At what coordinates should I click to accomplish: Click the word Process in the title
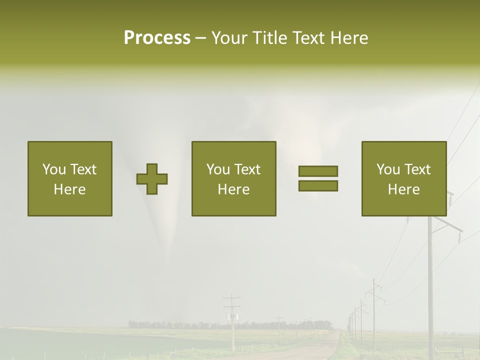pyautogui.click(x=157, y=38)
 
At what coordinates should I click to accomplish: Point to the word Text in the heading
pyautogui.click(x=307, y=38)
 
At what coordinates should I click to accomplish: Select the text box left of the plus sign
pyautogui.click(x=70, y=178)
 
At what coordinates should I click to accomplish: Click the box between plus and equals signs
pyautogui.click(x=233, y=178)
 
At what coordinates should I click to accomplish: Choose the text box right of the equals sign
pyautogui.click(x=403, y=178)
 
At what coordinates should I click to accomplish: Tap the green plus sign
pyautogui.click(x=152, y=179)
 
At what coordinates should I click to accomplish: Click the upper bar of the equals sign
pyautogui.click(x=318, y=171)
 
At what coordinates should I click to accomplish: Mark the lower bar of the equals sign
pyautogui.click(x=318, y=185)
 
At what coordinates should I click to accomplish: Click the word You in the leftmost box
pyautogui.click(x=54, y=169)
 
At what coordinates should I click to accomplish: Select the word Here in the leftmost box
pyautogui.click(x=70, y=189)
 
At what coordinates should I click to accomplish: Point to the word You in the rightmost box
pyautogui.click(x=388, y=169)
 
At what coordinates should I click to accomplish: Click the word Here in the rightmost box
pyautogui.click(x=403, y=189)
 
